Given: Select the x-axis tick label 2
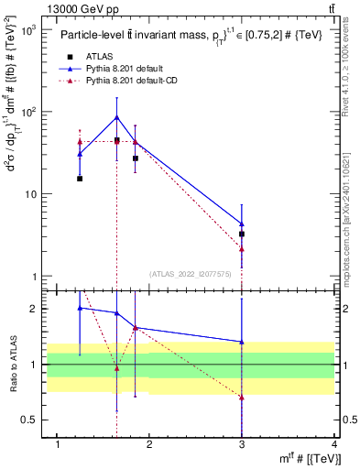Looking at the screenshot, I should [149, 446].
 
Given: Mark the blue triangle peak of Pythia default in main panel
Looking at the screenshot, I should [116, 116].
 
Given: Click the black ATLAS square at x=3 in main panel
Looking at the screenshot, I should [242, 234].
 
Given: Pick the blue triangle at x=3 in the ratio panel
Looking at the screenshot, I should [242, 342].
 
